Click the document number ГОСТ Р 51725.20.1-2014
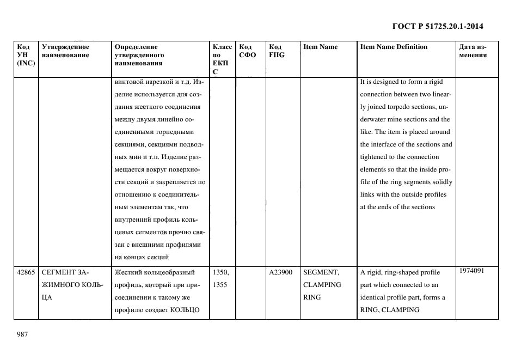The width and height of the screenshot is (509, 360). tap(438, 26)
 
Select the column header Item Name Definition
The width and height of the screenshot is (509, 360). tap(394, 47)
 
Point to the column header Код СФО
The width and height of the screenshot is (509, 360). tap(247, 51)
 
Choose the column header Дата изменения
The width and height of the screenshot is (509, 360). tap(473, 51)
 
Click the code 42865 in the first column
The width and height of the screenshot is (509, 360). tap(26, 272)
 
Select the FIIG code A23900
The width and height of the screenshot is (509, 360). tap(281, 272)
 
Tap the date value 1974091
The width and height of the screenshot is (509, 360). tap(471, 271)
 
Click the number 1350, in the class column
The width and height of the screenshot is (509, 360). tap(220, 272)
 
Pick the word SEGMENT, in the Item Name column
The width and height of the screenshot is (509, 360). tap(321, 272)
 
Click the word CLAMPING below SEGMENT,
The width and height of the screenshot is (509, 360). tap(322, 285)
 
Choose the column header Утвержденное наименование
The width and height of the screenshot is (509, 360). tap(65, 51)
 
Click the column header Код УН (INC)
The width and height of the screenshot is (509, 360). tap(26, 55)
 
